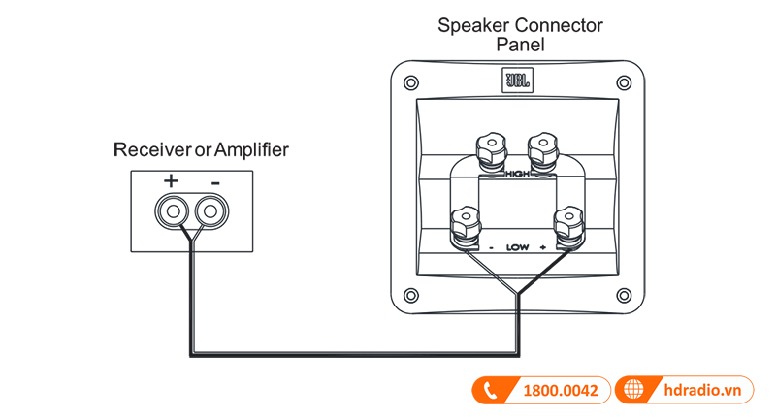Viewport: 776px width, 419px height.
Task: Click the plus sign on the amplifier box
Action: [171, 180]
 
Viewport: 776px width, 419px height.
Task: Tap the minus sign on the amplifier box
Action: [214, 181]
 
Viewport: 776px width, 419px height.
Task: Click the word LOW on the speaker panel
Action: [516, 247]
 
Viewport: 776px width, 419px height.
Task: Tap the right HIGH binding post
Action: [540, 150]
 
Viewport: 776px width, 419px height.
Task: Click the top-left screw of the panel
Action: [411, 82]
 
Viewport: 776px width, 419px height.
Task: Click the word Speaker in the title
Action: [470, 24]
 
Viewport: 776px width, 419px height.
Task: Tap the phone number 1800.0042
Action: [562, 391]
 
